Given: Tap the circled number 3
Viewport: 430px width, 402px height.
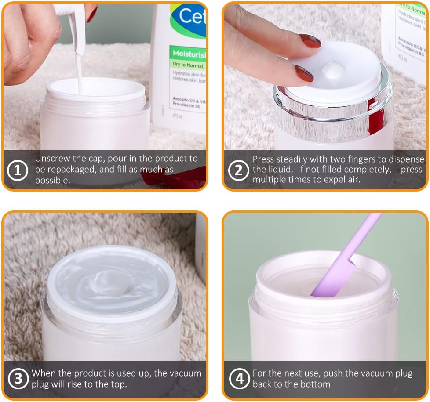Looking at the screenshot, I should tap(18, 379).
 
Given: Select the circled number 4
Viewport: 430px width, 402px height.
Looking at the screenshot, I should tap(238, 379).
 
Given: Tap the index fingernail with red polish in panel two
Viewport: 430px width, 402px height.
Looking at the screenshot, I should tap(310, 41).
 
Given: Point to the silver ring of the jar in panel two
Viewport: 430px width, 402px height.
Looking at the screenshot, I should tap(334, 110).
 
